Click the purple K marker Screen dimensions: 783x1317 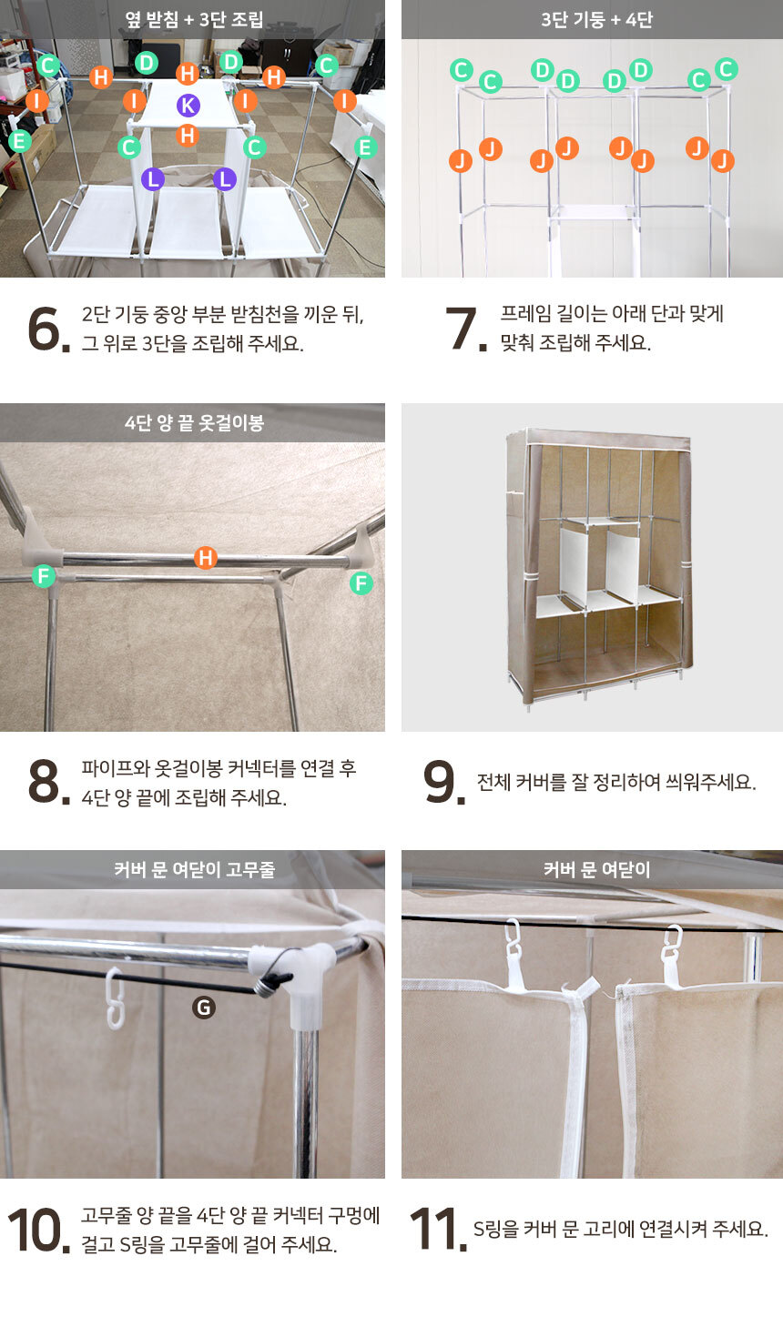tap(188, 106)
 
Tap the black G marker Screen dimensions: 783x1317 tap(204, 1008)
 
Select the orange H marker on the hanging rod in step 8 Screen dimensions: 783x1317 tap(205, 557)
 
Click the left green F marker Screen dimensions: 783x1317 tap(44, 575)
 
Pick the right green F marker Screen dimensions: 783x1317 tap(361, 583)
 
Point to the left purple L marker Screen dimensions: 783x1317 tap(153, 179)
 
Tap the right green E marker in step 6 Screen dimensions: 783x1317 tap(365, 147)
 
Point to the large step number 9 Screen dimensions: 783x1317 tap(443, 782)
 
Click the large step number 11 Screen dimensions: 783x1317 tap(438, 1229)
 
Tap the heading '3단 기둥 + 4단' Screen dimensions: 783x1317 tap(596, 20)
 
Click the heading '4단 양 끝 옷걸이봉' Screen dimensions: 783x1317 tap(194, 422)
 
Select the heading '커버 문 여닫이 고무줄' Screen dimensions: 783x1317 tap(194, 869)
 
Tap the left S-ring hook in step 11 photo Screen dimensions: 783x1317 tap(514, 940)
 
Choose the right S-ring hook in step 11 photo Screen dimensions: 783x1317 tap(671, 947)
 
